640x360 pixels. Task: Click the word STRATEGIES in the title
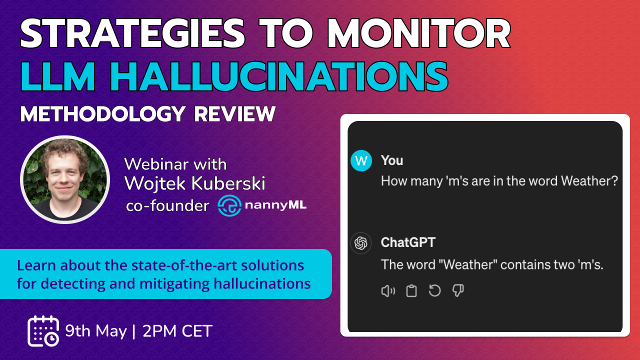coord(132,33)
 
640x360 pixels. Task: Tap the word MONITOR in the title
coord(419,33)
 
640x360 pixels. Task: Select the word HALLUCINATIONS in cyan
coord(279,76)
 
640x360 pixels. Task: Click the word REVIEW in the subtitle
coord(235,114)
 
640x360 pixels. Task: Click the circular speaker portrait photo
coord(65,179)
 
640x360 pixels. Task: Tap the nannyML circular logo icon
coord(229,205)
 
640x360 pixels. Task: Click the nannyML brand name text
coord(275,205)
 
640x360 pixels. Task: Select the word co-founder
coord(167,205)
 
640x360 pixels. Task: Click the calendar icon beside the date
coord(43,331)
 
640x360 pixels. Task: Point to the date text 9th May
coord(96,331)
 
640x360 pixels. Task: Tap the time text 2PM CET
coord(177,331)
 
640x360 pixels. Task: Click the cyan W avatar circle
coord(361,160)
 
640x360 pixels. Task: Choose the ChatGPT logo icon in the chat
coord(361,243)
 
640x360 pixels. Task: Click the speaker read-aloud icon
coord(388,291)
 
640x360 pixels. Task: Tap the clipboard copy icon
coord(411,291)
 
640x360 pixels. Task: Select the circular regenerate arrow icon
coord(434,291)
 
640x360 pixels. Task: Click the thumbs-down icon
coord(458,291)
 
